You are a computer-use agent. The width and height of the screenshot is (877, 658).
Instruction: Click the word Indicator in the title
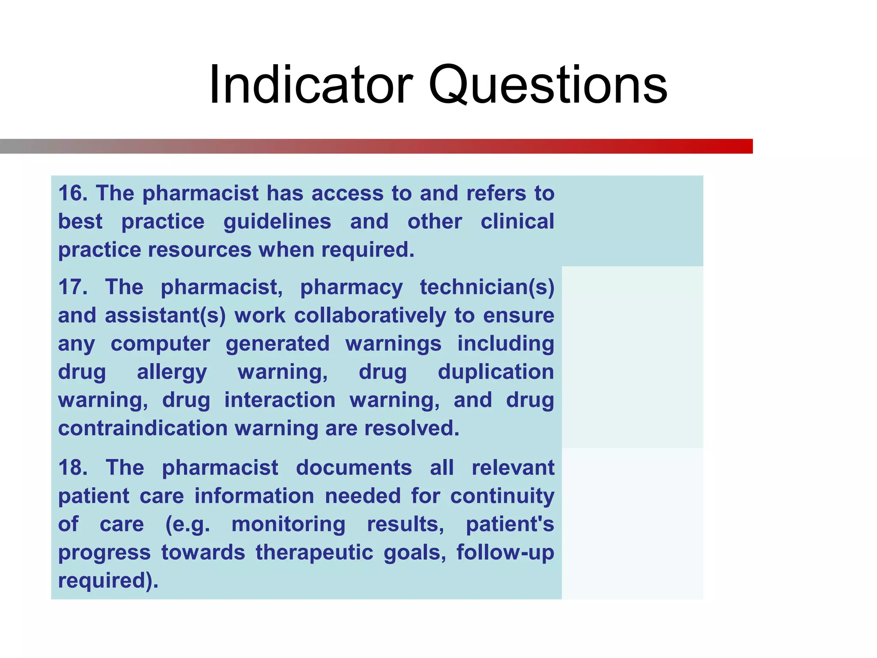click(x=310, y=84)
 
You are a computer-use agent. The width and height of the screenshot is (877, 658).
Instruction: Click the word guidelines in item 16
click(x=277, y=222)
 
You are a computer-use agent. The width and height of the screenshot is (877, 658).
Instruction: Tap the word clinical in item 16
click(x=517, y=222)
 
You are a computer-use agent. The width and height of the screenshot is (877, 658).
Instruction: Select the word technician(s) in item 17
click(x=486, y=287)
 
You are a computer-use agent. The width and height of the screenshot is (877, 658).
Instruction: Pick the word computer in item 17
click(x=160, y=344)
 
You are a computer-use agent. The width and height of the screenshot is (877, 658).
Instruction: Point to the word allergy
click(x=172, y=372)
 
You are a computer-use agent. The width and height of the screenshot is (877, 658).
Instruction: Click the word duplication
click(x=495, y=372)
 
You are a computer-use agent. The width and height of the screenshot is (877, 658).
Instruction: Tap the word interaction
click(x=280, y=400)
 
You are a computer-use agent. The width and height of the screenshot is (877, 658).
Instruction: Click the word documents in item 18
click(x=354, y=467)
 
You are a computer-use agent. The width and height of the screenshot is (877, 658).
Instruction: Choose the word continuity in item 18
click(x=502, y=496)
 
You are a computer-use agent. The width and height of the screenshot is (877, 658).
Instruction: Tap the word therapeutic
click(x=314, y=552)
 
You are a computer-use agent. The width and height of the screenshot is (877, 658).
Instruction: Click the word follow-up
click(x=505, y=552)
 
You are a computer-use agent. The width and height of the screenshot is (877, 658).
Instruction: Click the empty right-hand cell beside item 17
click(x=632, y=357)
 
